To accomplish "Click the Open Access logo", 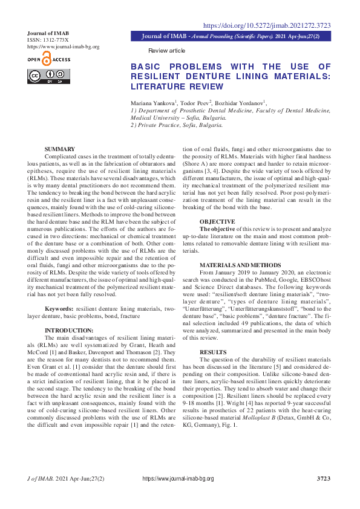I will coord(48,59).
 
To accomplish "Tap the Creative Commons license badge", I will coord(48,76).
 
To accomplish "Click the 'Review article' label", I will coord(167,50).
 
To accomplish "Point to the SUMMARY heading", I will coord(60,149).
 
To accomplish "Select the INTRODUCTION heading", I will coord(70,330).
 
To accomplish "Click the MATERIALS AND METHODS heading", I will coord(240,265).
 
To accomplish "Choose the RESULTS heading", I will coord(212,352).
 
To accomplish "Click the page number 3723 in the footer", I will coord(324,479).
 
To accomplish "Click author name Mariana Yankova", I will coord(152,103).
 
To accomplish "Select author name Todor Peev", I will coord(193,103).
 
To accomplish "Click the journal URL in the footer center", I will coord(178,479).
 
